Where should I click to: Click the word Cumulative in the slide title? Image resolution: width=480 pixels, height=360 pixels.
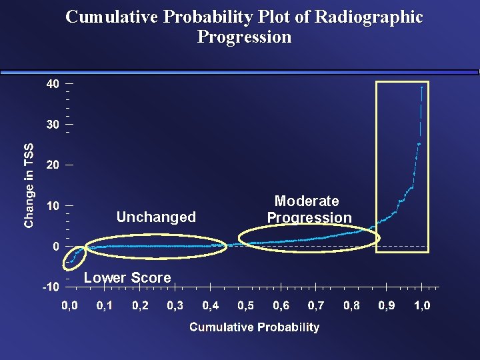pyautogui.click(x=112, y=17)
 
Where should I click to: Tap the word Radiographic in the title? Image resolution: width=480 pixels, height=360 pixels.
pyautogui.click(x=369, y=17)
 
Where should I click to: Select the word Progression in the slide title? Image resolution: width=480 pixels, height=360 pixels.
pyautogui.click(x=244, y=37)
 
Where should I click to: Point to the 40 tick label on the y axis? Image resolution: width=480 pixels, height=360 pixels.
pyautogui.click(x=53, y=83)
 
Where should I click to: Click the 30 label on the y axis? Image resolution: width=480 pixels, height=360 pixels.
pyautogui.click(x=53, y=124)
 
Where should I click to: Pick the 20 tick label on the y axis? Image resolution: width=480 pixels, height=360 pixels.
pyautogui.click(x=53, y=165)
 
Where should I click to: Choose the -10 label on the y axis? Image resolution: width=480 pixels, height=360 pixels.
pyautogui.click(x=51, y=287)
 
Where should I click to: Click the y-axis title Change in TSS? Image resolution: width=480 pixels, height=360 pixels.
pyautogui.click(x=29, y=186)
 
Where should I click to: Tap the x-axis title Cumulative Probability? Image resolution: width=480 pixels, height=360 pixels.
pyautogui.click(x=255, y=327)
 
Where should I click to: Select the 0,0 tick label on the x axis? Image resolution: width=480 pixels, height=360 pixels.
pyautogui.click(x=69, y=305)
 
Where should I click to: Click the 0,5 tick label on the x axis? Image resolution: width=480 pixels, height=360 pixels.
pyautogui.click(x=246, y=305)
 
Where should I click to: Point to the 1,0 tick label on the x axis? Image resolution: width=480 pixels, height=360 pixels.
pyautogui.click(x=422, y=305)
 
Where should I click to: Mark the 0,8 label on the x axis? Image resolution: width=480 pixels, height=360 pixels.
pyautogui.click(x=351, y=305)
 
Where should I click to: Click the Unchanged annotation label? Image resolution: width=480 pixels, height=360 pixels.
pyautogui.click(x=156, y=217)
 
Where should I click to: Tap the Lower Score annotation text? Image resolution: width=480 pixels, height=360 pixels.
pyautogui.click(x=127, y=277)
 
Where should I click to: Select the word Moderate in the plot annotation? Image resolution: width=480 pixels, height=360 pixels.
pyautogui.click(x=307, y=201)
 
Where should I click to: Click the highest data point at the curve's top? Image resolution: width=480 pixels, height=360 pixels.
pyautogui.click(x=422, y=87)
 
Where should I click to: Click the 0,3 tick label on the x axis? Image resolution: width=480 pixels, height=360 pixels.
pyautogui.click(x=175, y=305)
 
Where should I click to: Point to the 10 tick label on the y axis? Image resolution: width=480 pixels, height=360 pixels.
pyautogui.click(x=53, y=206)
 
